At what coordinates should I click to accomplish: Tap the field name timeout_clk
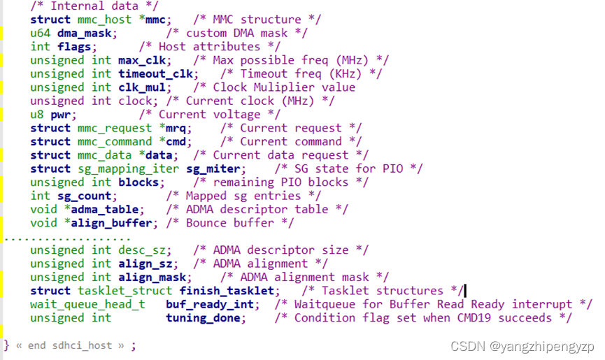[x=157, y=73]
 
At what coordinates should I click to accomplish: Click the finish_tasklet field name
[x=229, y=291]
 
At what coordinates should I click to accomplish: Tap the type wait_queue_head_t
[x=87, y=304]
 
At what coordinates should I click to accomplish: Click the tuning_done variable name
[x=206, y=318]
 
